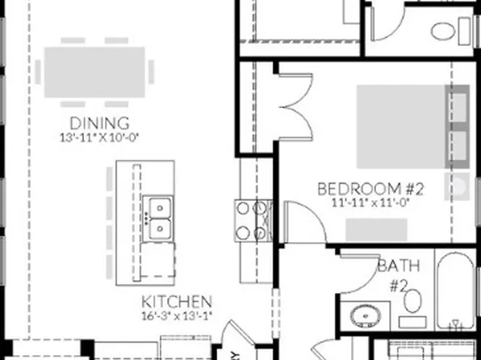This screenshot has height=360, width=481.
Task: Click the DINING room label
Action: coord(99,123)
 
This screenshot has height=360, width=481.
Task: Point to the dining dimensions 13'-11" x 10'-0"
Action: coord(99,136)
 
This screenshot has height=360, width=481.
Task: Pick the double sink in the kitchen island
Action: coord(158,218)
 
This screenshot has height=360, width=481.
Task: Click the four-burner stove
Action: coord(252,220)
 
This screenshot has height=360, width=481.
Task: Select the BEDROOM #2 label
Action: coord(370,189)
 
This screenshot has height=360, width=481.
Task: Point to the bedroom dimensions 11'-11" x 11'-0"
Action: coord(370,203)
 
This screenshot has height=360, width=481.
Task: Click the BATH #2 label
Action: coord(392,274)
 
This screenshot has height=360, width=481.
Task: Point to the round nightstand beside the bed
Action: coord(458,188)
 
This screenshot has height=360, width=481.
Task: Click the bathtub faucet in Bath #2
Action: coord(458,326)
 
